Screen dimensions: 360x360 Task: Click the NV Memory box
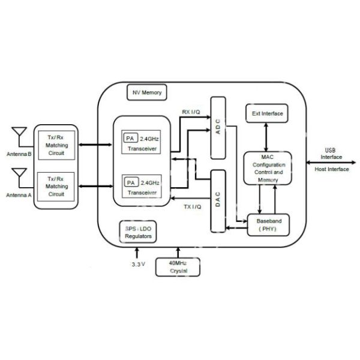point(147,93)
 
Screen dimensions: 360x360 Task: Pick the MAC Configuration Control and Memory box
point(268,169)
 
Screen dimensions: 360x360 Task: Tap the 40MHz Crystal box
point(178,268)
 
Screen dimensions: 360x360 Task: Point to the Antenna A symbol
point(19,177)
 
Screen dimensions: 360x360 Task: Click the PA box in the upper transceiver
point(130,138)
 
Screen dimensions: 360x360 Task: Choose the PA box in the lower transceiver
point(130,181)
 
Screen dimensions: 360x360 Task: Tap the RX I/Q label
point(191,112)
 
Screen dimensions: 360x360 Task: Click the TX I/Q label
point(193,206)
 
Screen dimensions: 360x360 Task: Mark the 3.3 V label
point(139,264)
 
